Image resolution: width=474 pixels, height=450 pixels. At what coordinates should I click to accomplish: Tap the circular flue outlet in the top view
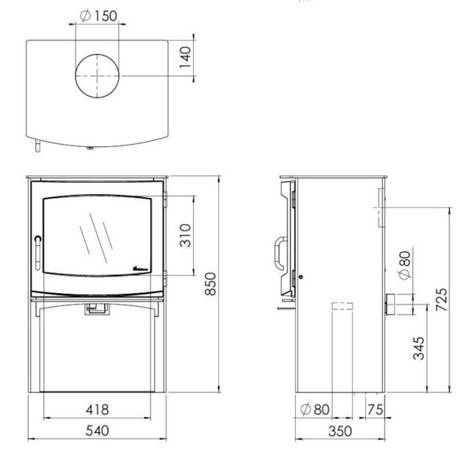96,76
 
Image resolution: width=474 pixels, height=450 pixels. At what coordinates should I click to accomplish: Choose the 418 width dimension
96,409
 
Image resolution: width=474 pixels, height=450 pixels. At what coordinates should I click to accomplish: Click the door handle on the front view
37,248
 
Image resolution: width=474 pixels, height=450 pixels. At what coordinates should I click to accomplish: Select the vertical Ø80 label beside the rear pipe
403,267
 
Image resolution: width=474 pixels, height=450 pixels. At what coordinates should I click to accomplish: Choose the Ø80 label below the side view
315,409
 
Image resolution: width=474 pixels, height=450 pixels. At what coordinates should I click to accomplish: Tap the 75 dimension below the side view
375,409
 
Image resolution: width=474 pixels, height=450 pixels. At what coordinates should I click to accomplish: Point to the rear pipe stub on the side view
398,304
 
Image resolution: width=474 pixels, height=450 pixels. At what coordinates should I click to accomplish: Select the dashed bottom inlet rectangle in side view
342,306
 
